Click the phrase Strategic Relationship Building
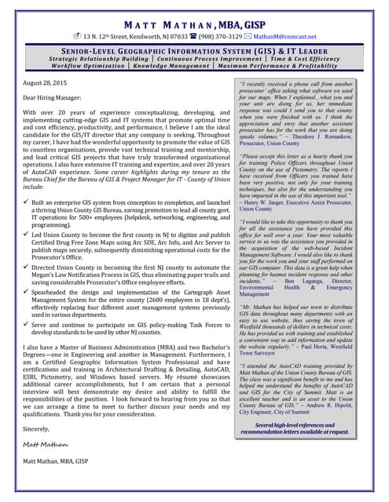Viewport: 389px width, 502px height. coord(98,59)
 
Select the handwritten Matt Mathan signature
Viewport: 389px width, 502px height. coord(46,444)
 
